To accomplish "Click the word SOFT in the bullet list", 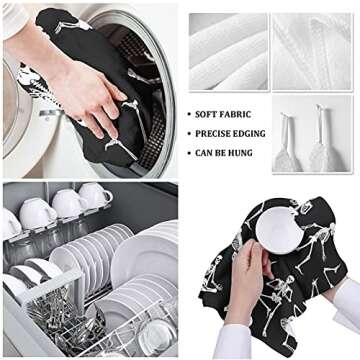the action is click(205, 114).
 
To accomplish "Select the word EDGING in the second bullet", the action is click(250, 134).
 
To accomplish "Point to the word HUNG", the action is click(240, 153).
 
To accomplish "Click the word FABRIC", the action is click(234, 114).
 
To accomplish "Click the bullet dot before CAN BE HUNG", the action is click(189, 154).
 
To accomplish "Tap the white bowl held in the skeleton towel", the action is click(280, 230).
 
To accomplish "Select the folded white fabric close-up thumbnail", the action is click(228, 52).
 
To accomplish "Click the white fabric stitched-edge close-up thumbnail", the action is click(312, 52).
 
